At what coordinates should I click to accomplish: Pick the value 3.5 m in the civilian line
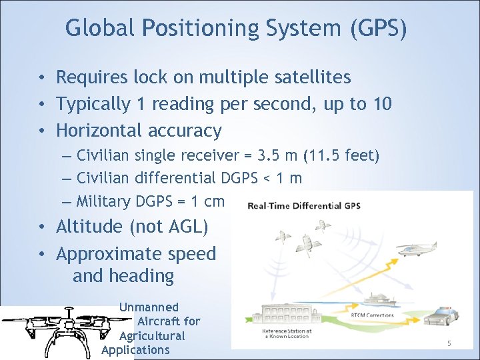274,156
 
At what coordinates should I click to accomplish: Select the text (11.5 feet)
341,156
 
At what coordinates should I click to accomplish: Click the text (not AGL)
173,227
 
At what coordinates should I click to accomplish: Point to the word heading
141,276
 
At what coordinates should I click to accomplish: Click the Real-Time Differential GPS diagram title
304,206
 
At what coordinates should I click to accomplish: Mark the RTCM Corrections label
372,315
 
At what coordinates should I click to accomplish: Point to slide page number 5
449,343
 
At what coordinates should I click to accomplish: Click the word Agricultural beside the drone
151,336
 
